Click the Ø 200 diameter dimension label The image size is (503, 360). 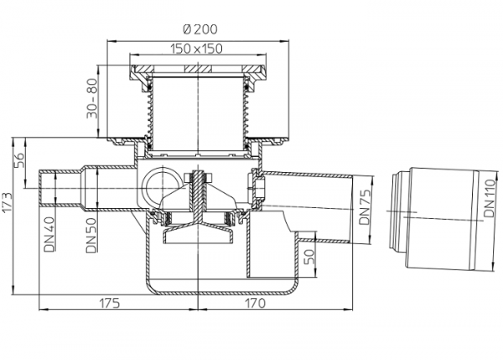[200, 29]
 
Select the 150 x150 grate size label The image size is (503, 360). [196, 49]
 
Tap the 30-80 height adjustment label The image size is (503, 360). [92, 98]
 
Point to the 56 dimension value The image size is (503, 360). [18, 160]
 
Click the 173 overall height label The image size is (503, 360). [7, 202]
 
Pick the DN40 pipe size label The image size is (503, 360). [49, 234]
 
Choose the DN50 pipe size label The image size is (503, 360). [91, 236]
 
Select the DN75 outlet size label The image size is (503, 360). [365, 207]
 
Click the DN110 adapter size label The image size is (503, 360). [490, 199]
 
